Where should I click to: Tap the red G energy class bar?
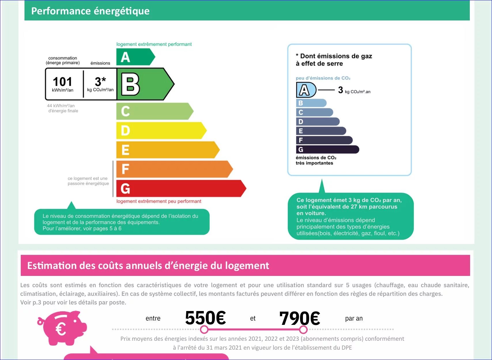point(180,189)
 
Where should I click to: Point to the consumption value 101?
point(62,82)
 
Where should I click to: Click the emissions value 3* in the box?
point(100,82)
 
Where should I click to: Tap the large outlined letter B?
point(130,84)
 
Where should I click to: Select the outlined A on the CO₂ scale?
point(304,90)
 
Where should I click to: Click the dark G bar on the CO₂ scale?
point(327,149)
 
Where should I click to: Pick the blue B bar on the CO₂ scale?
point(311,103)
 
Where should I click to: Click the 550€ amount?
point(205,318)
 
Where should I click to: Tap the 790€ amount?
point(299,318)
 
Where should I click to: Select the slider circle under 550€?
point(204,329)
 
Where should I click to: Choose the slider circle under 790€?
point(303,329)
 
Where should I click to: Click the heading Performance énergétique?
point(90,11)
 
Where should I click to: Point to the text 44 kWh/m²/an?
point(61,106)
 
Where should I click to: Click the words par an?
point(354,319)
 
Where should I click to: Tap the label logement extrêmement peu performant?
point(159,201)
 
